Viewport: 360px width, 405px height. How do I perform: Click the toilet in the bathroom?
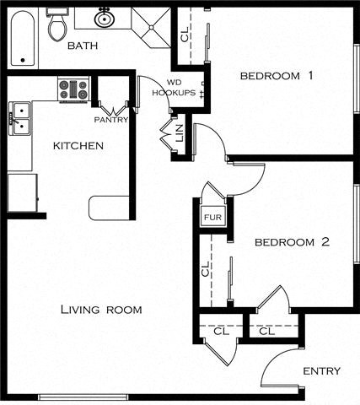(57, 26)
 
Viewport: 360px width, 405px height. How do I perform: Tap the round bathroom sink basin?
(105, 18)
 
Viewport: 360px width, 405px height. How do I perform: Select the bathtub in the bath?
(23, 37)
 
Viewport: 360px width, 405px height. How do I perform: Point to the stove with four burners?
(73, 89)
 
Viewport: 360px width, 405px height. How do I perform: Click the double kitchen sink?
(20, 119)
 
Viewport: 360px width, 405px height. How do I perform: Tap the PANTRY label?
(110, 120)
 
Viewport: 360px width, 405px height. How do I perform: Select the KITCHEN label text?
(78, 146)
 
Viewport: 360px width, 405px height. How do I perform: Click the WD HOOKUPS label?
(180, 87)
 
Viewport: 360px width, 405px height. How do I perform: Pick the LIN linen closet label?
(179, 133)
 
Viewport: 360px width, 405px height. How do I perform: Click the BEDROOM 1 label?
(277, 76)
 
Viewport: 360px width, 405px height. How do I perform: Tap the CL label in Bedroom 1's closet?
(185, 35)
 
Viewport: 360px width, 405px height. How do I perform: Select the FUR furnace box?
(211, 217)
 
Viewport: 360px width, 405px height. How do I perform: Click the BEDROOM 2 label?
(292, 243)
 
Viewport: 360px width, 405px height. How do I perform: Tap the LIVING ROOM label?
(101, 310)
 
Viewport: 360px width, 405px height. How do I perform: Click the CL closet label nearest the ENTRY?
(266, 332)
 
